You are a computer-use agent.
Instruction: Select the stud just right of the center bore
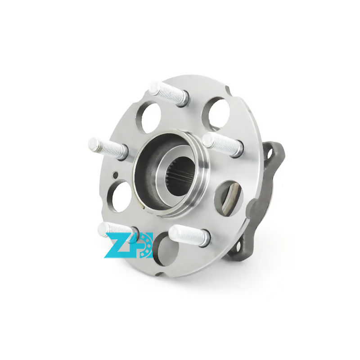[223, 144]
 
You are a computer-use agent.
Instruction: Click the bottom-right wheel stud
[189, 235]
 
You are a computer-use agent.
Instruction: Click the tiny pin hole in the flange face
[116, 175]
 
